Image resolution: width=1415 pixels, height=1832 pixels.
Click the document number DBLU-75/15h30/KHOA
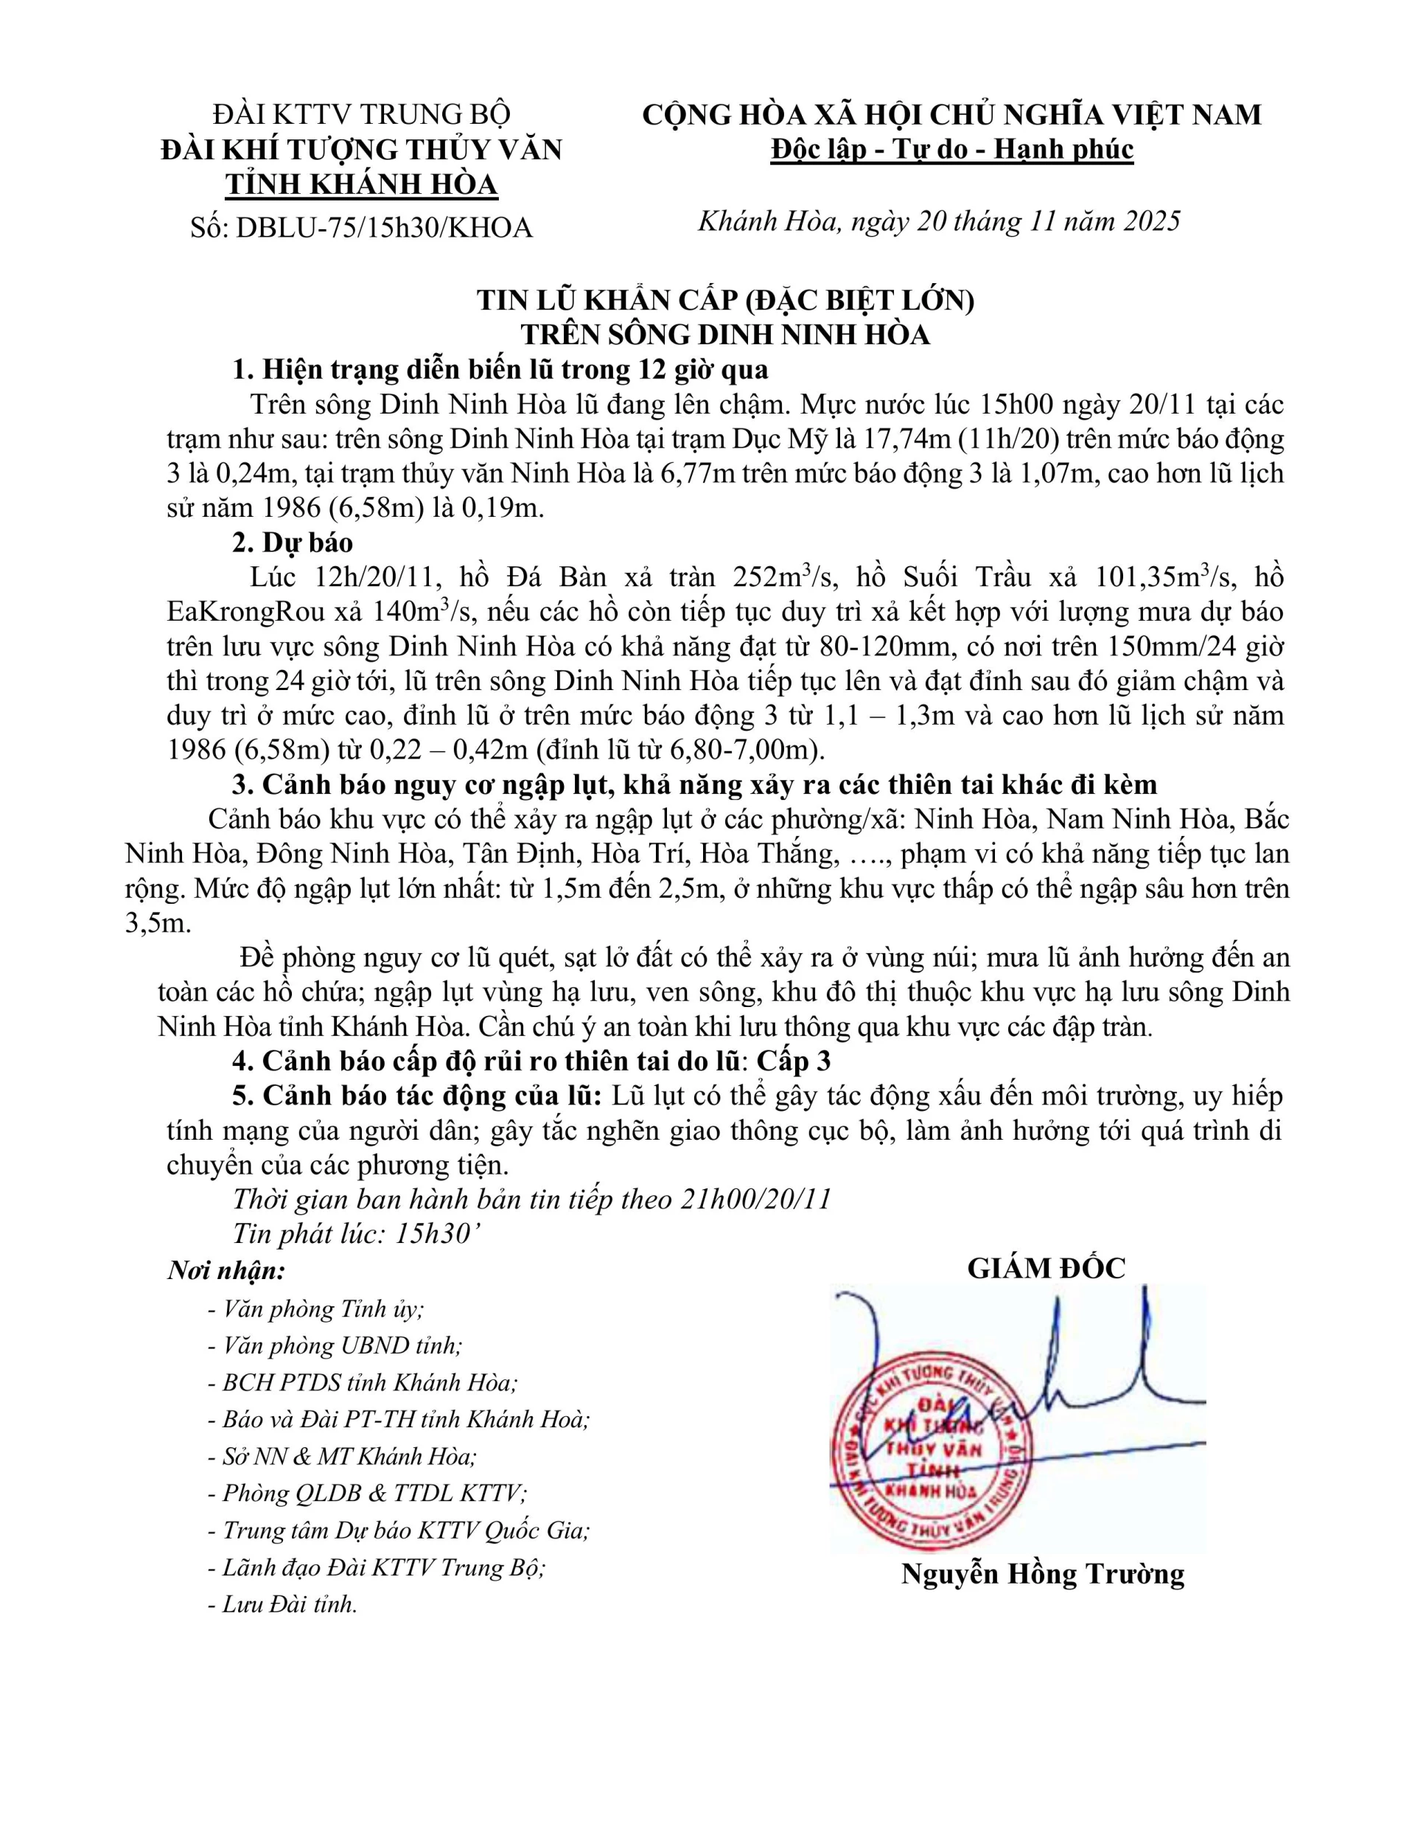click(x=385, y=227)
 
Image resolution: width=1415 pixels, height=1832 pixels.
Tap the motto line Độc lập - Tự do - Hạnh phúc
click(x=952, y=150)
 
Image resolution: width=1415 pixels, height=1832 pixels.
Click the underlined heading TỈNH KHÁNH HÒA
click(x=363, y=184)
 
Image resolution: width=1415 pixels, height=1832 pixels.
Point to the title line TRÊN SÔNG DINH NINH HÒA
click(x=724, y=335)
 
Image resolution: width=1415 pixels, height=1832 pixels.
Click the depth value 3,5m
click(x=157, y=924)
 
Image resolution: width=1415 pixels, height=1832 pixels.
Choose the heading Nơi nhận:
click(x=226, y=1270)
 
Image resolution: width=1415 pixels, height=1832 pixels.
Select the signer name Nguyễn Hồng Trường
click(x=1043, y=1574)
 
